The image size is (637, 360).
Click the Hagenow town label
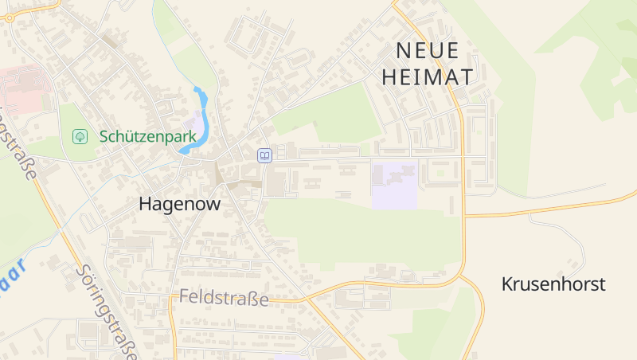[x=179, y=204]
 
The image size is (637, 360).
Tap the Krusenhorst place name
[x=553, y=284]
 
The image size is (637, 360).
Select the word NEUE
[x=428, y=51]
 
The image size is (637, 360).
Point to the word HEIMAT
[x=428, y=76]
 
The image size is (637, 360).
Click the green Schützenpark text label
[x=147, y=137]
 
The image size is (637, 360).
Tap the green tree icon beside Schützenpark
[x=80, y=137]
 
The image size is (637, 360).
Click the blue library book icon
[x=264, y=155]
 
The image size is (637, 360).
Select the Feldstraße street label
[x=224, y=298]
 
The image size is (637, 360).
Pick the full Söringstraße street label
[x=107, y=311]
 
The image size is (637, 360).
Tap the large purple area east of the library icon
[x=394, y=185]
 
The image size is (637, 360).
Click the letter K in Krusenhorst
[x=507, y=284]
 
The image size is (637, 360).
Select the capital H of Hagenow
[x=145, y=204]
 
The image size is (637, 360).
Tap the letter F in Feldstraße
[x=184, y=298]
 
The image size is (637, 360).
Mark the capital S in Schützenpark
[x=104, y=137]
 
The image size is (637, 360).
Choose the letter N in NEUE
[x=404, y=51]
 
